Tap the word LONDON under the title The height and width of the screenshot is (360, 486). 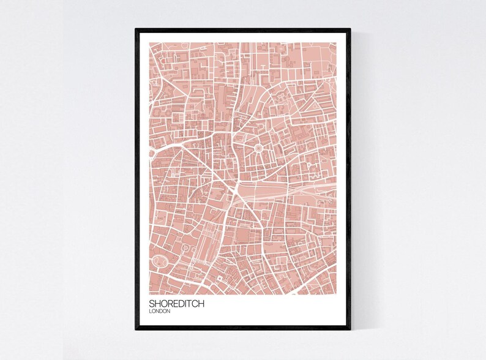pyautogui.click(x=160, y=312)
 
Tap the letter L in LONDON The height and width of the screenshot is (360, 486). pyautogui.click(x=151, y=312)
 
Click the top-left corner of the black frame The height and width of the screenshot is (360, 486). pyautogui.click(x=136, y=29)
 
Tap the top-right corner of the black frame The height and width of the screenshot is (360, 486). pyautogui.click(x=350, y=29)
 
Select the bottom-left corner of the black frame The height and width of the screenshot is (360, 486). pyautogui.click(x=136, y=329)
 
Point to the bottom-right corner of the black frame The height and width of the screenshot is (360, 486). pyautogui.click(x=350, y=329)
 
